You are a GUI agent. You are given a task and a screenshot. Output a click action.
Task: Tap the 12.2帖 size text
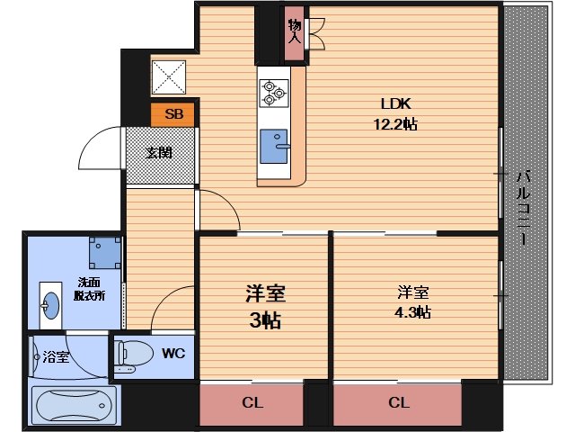pyautogui.click(x=396, y=124)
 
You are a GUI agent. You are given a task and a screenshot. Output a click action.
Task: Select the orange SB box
pyautogui.click(x=173, y=114)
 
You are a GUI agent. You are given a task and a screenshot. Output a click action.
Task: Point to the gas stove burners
pyautogui.click(x=272, y=90)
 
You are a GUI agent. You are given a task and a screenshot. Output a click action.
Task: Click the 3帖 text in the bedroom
pyautogui.click(x=265, y=319)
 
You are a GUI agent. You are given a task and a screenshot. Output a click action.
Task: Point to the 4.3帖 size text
pyautogui.click(x=414, y=312)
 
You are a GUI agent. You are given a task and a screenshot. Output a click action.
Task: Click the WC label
pyautogui.click(x=172, y=354)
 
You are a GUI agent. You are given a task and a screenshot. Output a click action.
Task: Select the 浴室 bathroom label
pyautogui.click(x=56, y=357)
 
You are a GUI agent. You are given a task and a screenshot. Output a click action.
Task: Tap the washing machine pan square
pyautogui.click(x=104, y=253)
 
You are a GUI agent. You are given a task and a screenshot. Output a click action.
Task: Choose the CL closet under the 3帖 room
pyautogui.click(x=251, y=403)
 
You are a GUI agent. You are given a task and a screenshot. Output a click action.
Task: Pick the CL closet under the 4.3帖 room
pyautogui.click(x=396, y=403)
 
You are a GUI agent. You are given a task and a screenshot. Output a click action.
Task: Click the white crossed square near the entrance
pyautogui.click(x=169, y=76)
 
